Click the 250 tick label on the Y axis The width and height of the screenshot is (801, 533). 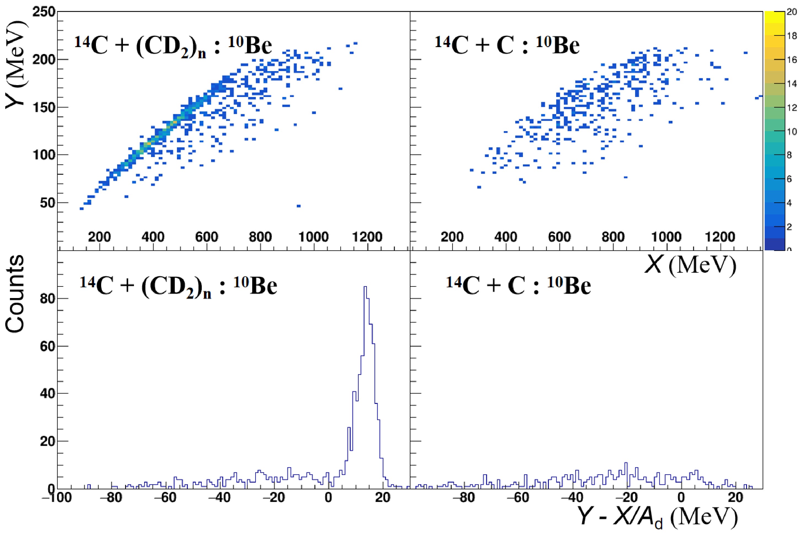click(x=43, y=12)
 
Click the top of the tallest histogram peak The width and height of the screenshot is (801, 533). click(x=365, y=287)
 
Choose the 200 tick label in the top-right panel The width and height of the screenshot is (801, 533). click(x=452, y=237)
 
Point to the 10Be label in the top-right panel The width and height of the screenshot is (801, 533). click(x=558, y=45)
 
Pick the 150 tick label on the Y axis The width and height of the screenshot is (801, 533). click(x=43, y=107)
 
